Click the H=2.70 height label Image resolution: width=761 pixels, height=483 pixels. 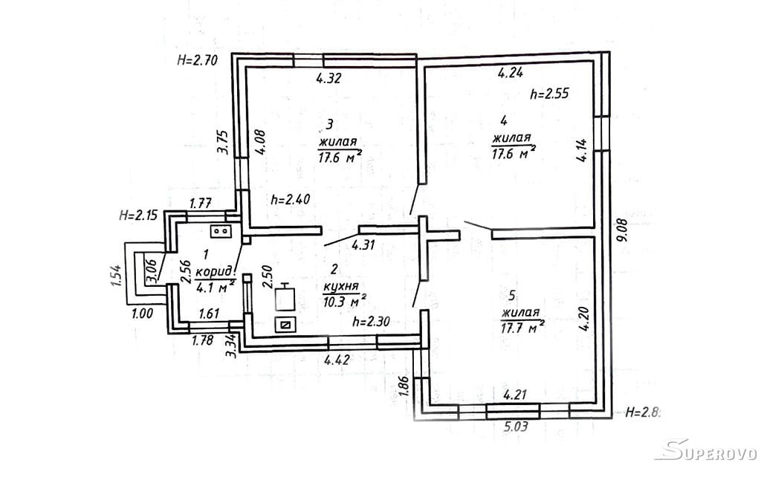point(197,61)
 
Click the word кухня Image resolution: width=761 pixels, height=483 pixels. point(341,286)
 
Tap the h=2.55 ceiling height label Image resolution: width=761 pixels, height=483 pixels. point(550,94)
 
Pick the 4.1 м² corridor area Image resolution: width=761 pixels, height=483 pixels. point(216,285)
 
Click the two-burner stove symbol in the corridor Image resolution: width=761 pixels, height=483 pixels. point(221,231)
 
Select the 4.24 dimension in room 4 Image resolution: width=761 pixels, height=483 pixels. point(511,73)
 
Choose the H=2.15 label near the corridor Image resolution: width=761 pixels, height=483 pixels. point(139,216)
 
